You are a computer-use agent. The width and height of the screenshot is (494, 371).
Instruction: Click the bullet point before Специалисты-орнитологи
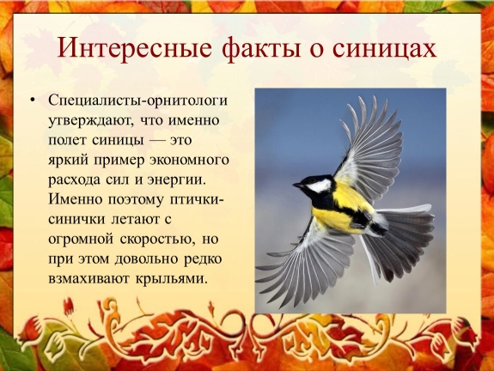click(x=33, y=100)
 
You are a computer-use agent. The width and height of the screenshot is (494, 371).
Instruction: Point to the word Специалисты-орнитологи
click(x=137, y=101)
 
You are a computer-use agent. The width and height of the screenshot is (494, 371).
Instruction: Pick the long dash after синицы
click(x=156, y=141)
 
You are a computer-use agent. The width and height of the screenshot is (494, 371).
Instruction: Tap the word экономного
click(x=189, y=161)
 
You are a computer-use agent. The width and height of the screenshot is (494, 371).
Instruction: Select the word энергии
click(x=176, y=180)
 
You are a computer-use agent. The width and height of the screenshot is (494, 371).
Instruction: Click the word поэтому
click(x=136, y=200)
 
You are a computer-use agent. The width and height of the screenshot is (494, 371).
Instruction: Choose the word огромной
click(x=81, y=240)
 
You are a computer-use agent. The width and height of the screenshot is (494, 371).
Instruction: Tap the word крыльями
click(x=170, y=279)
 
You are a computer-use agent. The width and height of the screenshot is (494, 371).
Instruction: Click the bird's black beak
click(x=298, y=185)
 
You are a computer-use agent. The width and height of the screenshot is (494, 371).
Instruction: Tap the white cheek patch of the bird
click(x=320, y=185)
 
